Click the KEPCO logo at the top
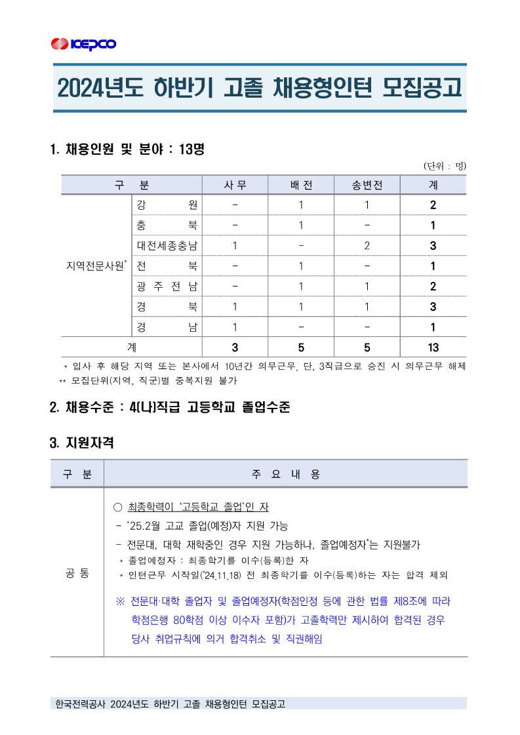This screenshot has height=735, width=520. [83, 44]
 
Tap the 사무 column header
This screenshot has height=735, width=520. [235, 185]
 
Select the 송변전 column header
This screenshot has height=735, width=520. [367, 185]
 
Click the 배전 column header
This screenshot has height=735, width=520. [301, 185]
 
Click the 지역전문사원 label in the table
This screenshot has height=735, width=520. [96, 266]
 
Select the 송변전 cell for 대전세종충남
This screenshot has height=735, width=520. [367, 246]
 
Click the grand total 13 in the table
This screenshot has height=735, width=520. [433, 348]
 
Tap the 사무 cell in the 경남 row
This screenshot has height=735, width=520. [235, 327]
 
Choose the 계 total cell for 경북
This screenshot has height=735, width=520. [433, 307]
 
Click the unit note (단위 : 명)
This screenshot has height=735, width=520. [445, 166]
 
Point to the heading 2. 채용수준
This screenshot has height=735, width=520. [169, 407]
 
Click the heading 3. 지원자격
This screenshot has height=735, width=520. [82, 443]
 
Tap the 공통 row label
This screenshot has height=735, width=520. [77, 573]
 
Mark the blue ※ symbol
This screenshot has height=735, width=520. [120, 602]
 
